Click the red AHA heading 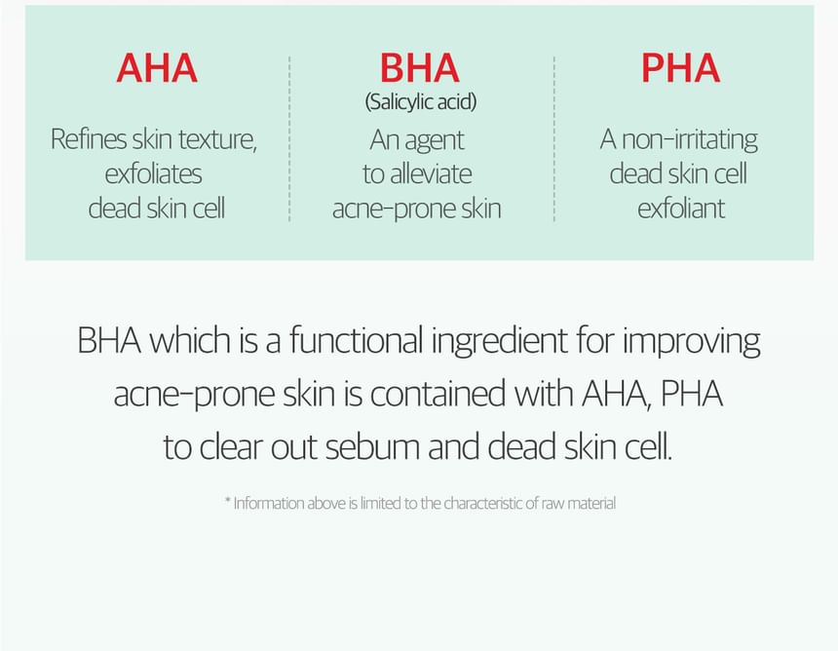pyautogui.click(x=157, y=68)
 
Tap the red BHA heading pyautogui.click(x=420, y=68)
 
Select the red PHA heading pyautogui.click(x=680, y=68)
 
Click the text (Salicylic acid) pyautogui.click(x=421, y=101)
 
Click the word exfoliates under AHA pyautogui.click(x=153, y=173)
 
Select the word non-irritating pyautogui.click(x=690, y=139)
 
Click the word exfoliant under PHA pyautogui.click(x=681, y=208)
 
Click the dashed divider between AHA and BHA pyautogui.click(x=289, y=138)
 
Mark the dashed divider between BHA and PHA pyautogui.click(x=554, y=138)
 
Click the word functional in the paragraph pyautogui.click(x=357, y=340)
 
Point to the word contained pyautogui.click(x=438, y=394)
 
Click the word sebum pyautogui.click(x=372, y=446)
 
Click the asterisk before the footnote pyautogui.click(x=228, y=500)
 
